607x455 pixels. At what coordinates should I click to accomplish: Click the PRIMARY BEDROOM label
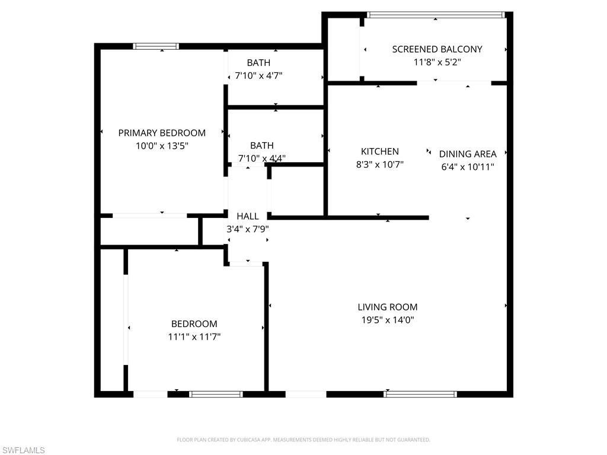[162, 133]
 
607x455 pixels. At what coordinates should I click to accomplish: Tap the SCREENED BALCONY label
[437, 49]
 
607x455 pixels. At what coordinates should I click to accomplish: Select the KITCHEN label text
[380, 152]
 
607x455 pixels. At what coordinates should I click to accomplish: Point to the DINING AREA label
[468, 154]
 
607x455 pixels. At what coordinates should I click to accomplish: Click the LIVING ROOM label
[388, 307]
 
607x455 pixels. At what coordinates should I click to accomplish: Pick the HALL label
[248, 216]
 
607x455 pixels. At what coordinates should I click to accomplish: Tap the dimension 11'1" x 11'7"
[194, 337]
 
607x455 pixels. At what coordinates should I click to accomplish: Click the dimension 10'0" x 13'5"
[162, 146]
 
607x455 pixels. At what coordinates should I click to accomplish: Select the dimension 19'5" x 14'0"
[388, 320]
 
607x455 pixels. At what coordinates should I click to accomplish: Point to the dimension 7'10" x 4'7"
[258, 76]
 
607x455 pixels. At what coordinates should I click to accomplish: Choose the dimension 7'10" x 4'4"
[261, 158]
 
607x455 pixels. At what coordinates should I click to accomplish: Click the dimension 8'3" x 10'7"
[380, 165]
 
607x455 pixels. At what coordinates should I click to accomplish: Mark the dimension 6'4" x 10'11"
[468, 167]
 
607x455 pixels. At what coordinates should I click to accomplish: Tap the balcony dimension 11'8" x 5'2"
[437, 62]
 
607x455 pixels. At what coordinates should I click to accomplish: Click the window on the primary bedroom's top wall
[156, 46]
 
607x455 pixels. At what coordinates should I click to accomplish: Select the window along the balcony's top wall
[435, 14]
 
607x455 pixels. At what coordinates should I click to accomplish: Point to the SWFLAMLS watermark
[23, 451]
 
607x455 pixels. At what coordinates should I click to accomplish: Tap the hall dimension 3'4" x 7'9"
[248, 229]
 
